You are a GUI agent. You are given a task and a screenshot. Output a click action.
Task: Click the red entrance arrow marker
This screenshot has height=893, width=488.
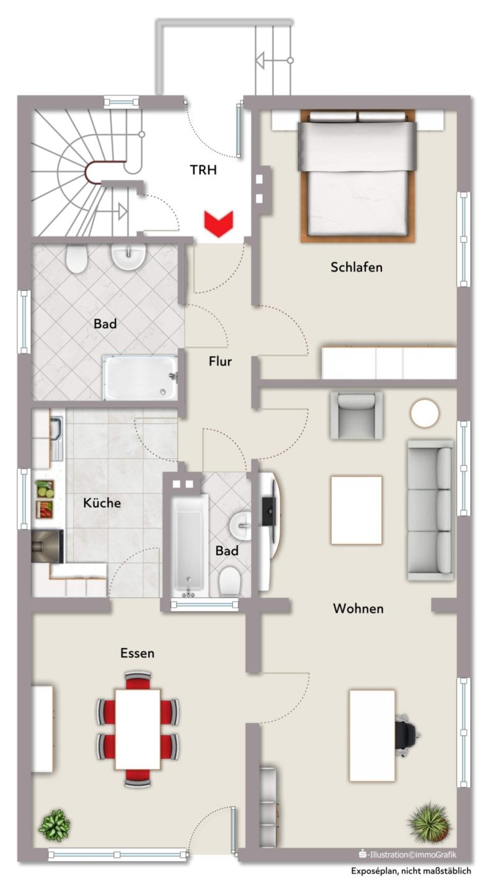218,224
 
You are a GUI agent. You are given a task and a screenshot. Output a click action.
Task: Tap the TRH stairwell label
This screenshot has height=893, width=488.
203,170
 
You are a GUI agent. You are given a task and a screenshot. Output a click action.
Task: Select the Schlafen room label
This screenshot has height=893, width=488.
357,267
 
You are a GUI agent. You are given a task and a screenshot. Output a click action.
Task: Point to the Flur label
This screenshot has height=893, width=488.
220,361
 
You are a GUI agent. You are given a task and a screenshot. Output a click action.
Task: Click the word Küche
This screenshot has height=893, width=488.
102,502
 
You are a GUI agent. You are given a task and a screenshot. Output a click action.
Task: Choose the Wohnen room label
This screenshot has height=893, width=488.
358,608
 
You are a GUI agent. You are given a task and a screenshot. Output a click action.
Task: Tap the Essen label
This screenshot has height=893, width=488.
137,653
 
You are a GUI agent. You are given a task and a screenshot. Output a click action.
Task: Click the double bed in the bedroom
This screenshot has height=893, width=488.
357,175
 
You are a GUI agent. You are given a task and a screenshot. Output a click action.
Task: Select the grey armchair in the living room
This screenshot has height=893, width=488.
357,415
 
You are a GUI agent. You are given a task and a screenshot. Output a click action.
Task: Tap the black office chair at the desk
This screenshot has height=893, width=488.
407,734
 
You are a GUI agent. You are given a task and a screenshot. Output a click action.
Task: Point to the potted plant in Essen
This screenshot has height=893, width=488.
54,825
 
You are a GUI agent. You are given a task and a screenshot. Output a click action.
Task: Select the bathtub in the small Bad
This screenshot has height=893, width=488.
189,545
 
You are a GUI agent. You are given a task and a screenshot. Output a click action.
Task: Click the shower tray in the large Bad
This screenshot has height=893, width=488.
140,378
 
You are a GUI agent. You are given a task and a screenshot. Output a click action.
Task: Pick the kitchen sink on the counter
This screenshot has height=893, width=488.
56,437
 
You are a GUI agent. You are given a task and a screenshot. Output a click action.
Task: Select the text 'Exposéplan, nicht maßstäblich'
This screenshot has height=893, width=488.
410,871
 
